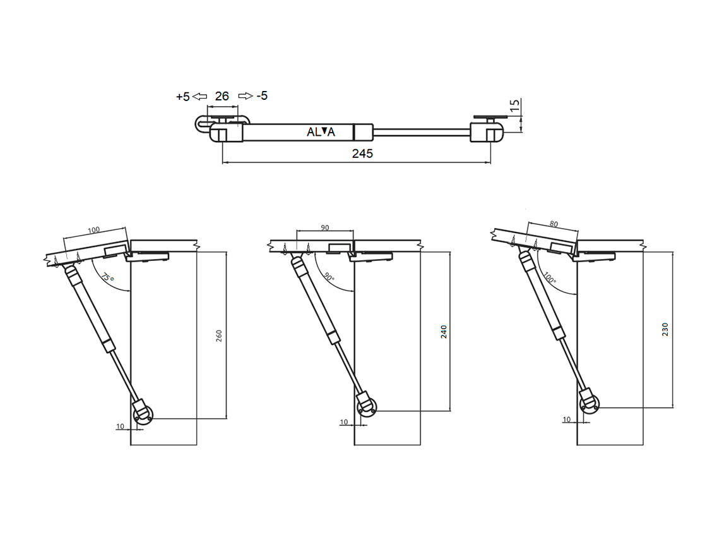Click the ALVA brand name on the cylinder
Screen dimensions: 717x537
(321, 132)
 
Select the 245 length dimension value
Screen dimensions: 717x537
(362, 154)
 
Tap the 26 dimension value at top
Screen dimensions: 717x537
(222, 96)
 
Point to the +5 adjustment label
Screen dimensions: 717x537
(182, 97)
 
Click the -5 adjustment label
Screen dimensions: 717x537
(262, 95)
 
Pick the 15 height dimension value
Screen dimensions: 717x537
(515, 106)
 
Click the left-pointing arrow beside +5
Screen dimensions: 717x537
(199, 96)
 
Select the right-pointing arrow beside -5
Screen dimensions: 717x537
(246, 95)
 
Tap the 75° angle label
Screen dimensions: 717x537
(107, 277)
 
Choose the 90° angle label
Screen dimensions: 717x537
(329, 277)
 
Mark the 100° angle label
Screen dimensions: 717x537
(550, 277)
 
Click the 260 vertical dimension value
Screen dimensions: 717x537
(219, 335)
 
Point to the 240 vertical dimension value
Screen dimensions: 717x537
(444, 332)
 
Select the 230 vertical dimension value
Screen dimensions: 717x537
(665, 330)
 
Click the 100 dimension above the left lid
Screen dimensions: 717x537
(94, 230)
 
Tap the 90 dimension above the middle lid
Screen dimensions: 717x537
(324, 227)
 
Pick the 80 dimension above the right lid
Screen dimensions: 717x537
(554, 224)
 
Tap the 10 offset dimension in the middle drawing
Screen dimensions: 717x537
(344, 422)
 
